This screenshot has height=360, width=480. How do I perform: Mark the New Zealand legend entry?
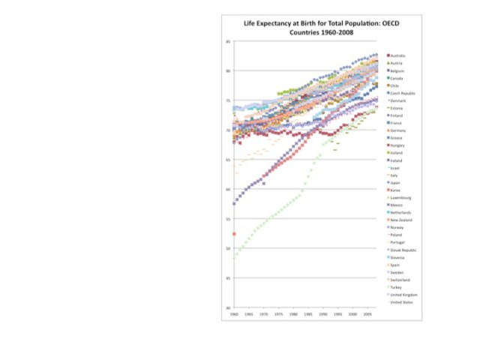(x=402, y=220)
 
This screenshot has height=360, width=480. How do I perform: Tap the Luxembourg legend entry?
(x=402, y=197)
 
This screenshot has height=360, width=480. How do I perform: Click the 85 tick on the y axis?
(x=229, y=41)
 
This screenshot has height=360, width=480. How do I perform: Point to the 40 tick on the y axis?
(x=229, y=307)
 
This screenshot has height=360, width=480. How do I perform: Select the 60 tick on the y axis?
(x=229, y=189)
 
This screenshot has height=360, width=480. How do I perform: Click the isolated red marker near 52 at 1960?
(x=234, y=234)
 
